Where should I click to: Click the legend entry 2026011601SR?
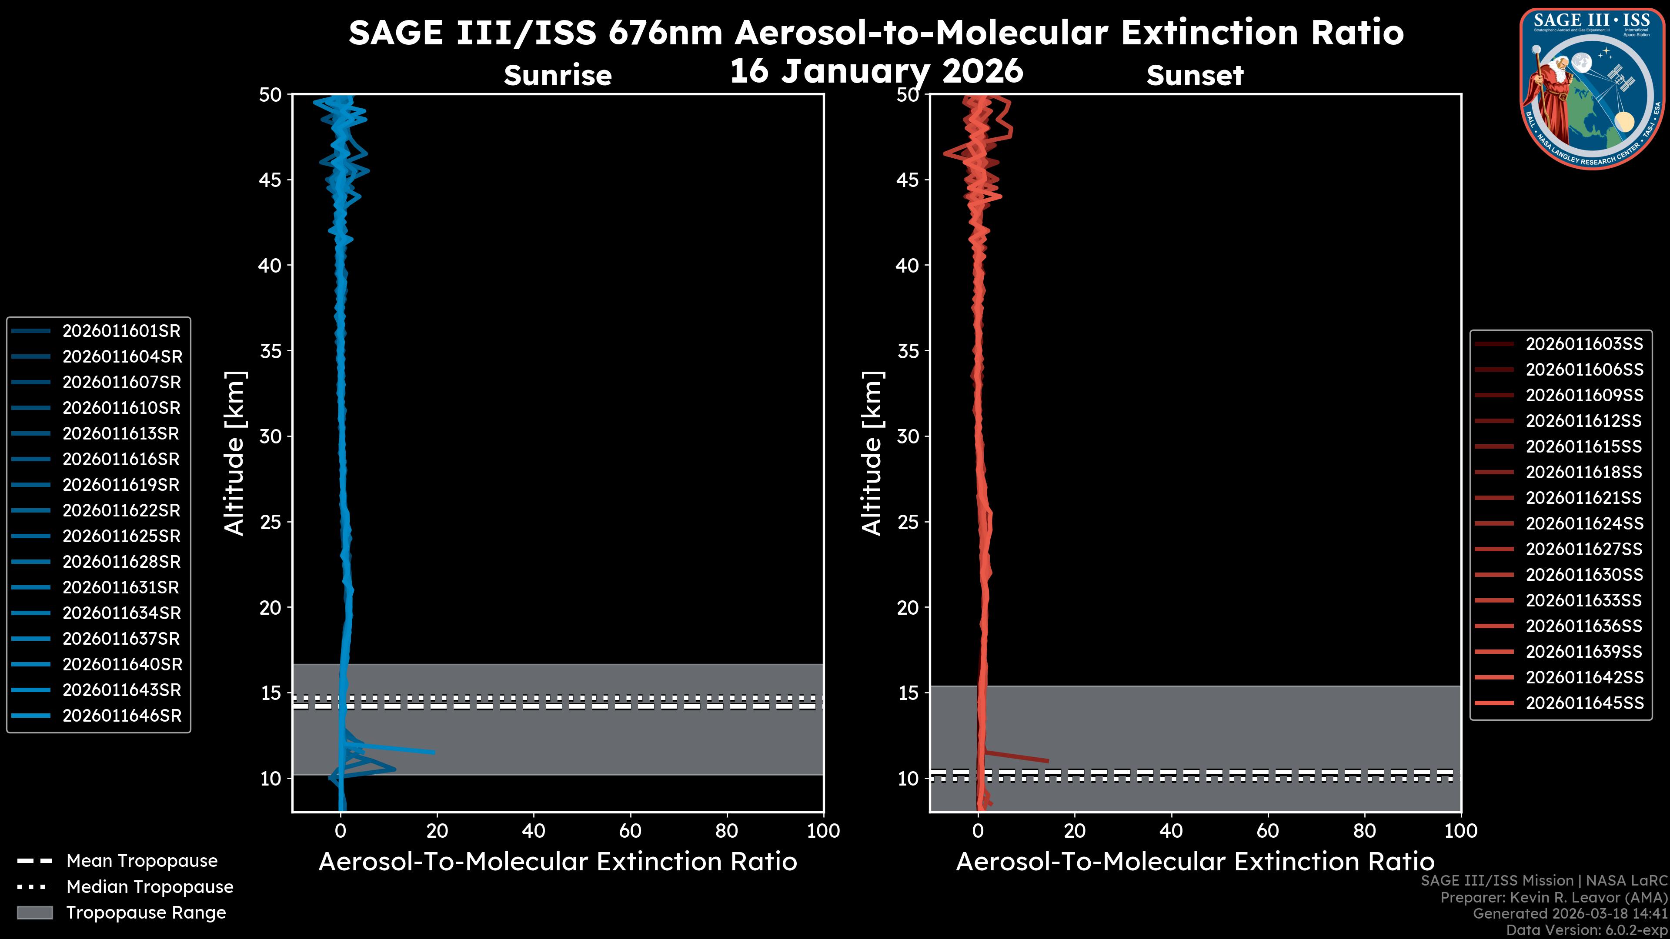point(121,331)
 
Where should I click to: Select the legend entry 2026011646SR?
point(122,716)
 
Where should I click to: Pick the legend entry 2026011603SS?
point(1584,344)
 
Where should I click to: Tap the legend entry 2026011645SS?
point(1584,703)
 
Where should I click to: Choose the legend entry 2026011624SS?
point(1584,523)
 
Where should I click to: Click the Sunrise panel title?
point(558,76)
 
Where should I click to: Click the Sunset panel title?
point(1195,76)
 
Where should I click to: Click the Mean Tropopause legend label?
point(142,861)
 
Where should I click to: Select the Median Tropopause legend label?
point(150,887)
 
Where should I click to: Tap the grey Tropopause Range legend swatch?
point(34,912)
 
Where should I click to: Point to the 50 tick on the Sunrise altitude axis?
point(271,95)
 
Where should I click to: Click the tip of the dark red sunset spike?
point(1048,761)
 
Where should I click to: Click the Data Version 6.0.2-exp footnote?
point(1586,930)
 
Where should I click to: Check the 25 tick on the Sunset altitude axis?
point(908,522)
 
